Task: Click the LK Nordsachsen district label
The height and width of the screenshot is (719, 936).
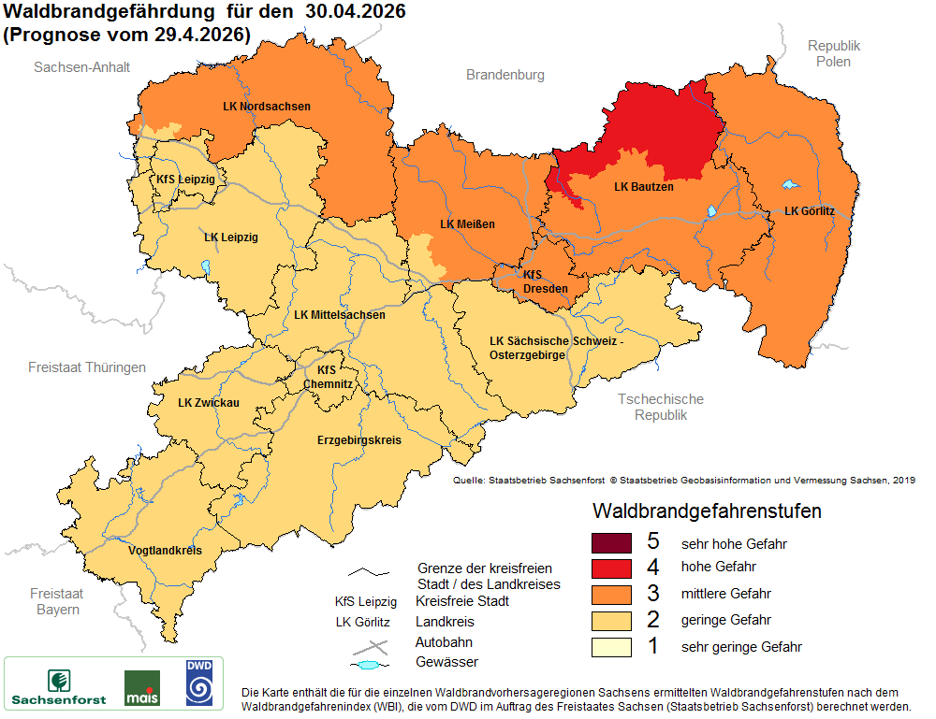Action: coord(266,107)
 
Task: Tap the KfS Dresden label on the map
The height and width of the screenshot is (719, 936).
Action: coord(545,281)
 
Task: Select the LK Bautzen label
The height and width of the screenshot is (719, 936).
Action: coord(643,187)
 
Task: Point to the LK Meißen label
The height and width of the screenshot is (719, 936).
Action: coord(467,224)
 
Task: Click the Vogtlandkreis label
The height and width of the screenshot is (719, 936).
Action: coord(165,551)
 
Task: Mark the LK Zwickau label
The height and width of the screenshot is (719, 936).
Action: coord(209,403)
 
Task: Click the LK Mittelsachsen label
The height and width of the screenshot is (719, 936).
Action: coord(339,315)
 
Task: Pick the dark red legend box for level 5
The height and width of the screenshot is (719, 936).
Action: coord(612,542)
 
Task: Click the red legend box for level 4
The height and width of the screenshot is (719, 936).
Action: coord(612,568)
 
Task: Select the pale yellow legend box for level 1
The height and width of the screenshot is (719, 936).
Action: coord(612,647)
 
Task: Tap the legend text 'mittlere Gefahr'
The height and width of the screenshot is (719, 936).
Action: coord(726,594)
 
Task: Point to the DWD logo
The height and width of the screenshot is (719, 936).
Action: coord(198,683)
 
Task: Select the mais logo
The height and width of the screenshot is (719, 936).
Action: coord(141,688)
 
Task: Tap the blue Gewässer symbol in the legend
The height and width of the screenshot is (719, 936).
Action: coord(370,665)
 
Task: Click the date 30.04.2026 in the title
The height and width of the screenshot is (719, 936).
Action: coord(348,11)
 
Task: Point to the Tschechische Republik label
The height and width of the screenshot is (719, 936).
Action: coord(661,407)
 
